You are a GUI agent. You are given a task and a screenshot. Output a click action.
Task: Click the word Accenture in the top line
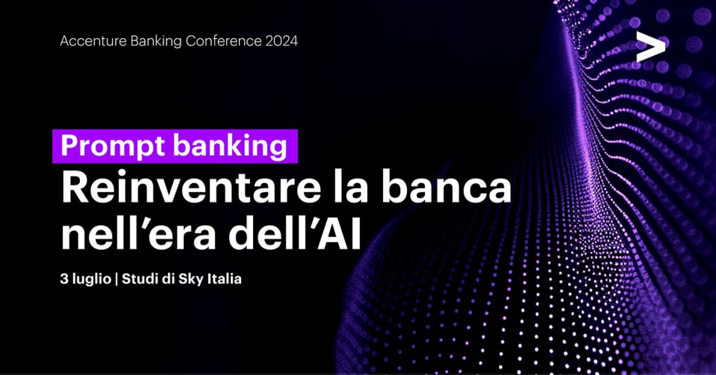[88, 42]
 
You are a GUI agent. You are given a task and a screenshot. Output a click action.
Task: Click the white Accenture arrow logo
[650, 48]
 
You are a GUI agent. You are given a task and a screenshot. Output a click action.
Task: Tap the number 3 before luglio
[63, 279]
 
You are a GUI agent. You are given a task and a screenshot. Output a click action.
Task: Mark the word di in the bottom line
[163, 279]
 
